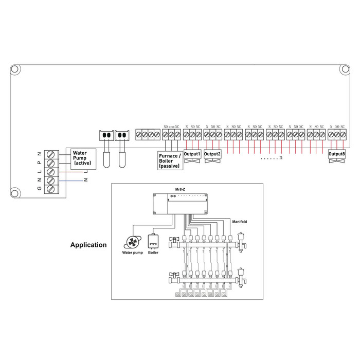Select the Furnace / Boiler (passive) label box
click(x=169, y=161)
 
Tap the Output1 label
click(x=192, y=153)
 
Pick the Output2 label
click(x=212, y=153)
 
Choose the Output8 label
click(x=336, y=153)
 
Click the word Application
click(x=88, y=245)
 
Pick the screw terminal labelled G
click(x=50, y=189)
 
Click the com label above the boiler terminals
click(x=171, y=127)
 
